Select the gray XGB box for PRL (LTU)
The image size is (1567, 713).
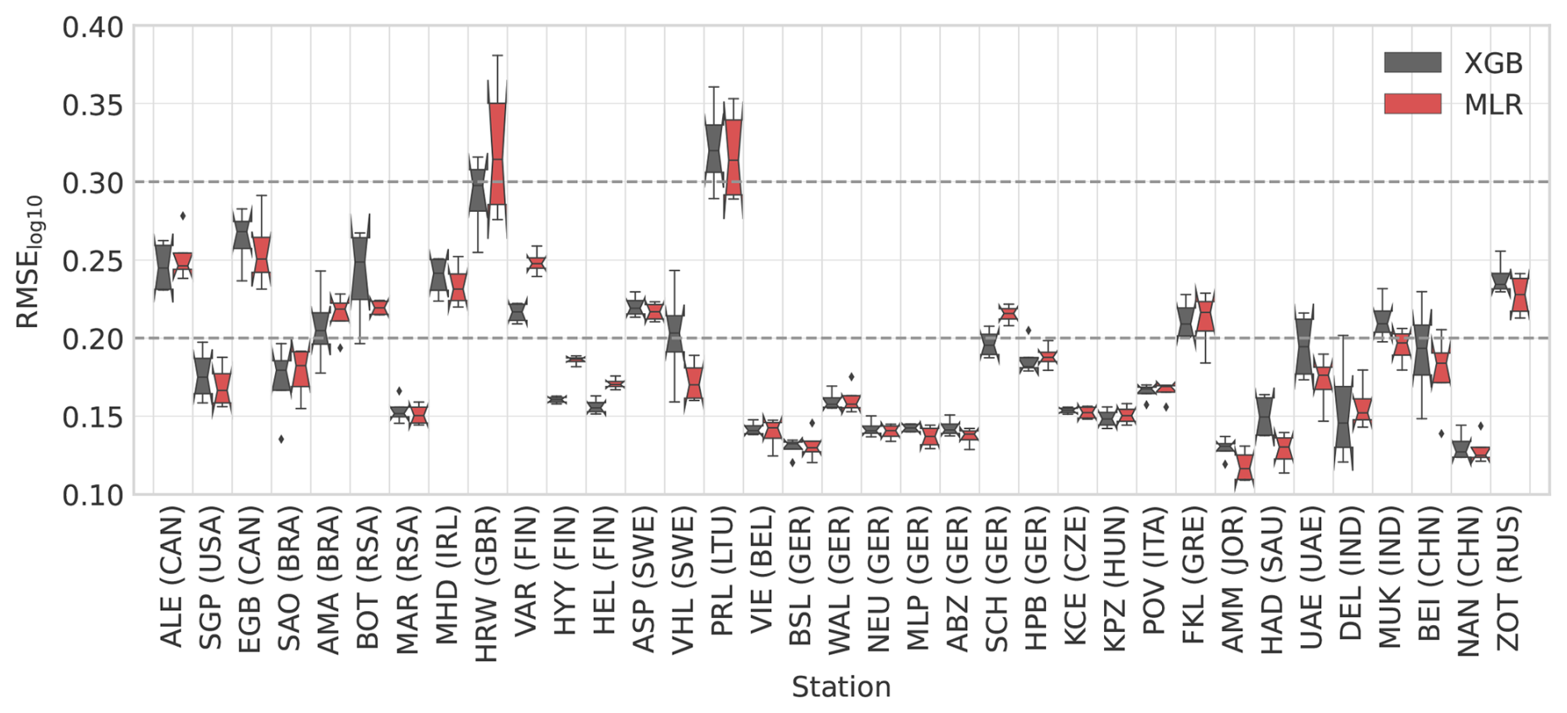714,149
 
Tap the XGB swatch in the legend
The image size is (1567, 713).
1412,63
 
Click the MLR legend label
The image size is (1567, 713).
1493,105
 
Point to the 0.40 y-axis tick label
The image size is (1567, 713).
92,27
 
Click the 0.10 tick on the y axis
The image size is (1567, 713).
92,495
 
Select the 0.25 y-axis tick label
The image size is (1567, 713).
92,262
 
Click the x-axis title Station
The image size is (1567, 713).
841,687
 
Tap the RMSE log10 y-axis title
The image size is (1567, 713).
30,262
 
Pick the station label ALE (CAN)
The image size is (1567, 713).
171,581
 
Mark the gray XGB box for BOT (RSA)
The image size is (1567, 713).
360,269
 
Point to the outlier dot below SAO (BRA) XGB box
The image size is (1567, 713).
282,439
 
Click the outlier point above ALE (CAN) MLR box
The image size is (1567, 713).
183,216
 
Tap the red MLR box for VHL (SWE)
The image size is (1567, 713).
694,383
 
